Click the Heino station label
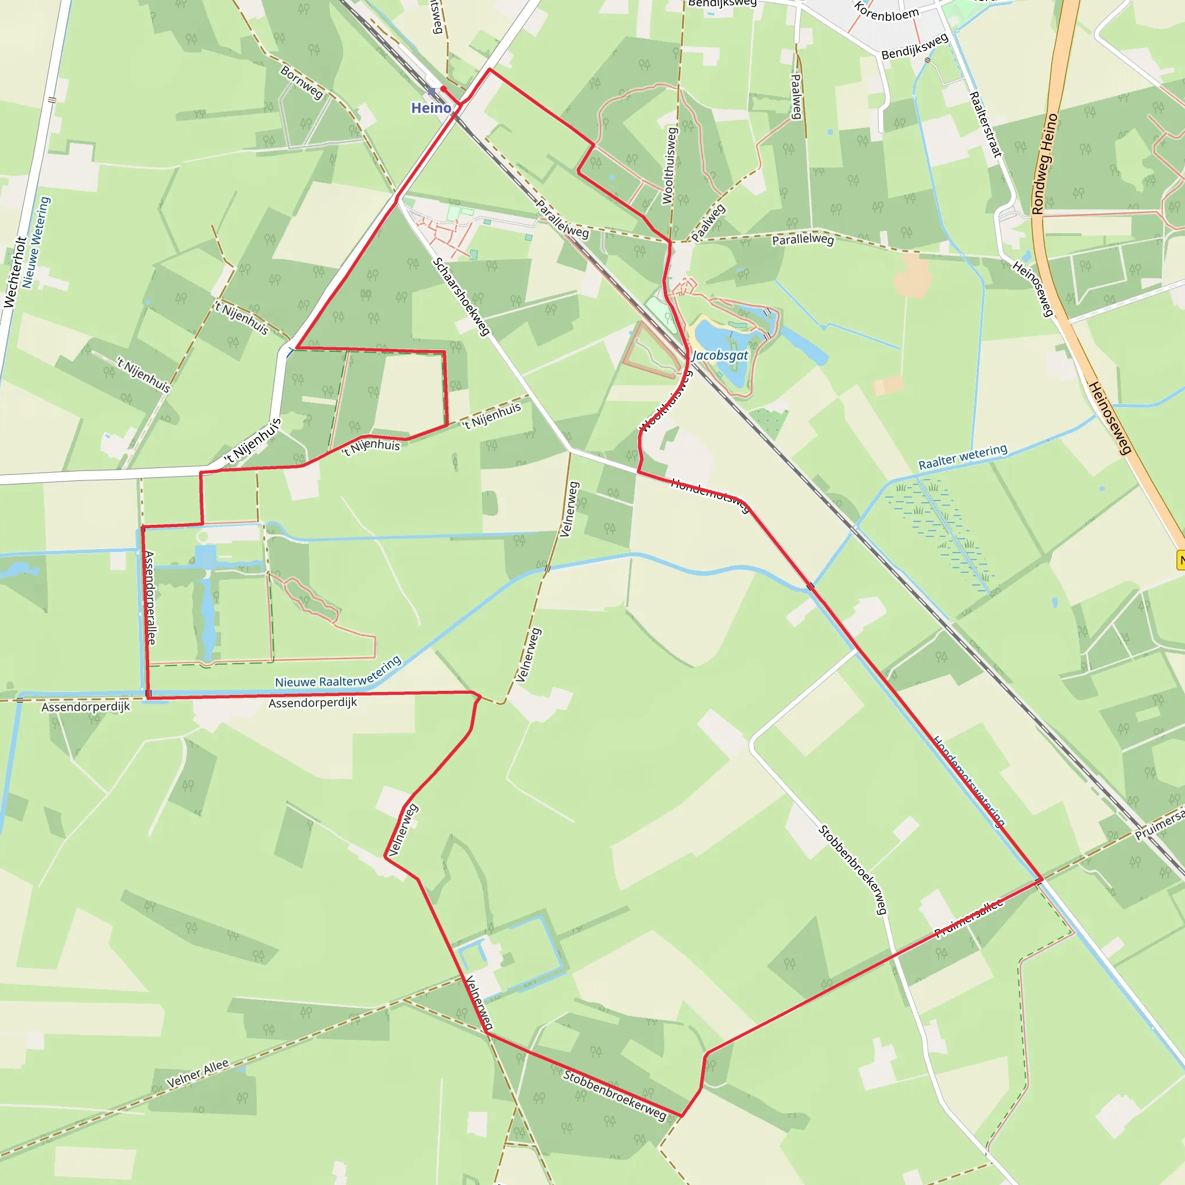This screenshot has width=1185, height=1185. click(430, 109)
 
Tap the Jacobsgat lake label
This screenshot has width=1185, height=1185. click(720, 356)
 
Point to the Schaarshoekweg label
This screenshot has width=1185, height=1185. click(461, 296)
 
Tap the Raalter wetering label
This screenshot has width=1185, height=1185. click(962, 457)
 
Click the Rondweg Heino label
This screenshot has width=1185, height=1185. click(1044, 164)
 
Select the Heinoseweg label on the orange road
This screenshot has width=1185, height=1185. click(1109, 418)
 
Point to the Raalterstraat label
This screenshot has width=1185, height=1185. click(984, 124)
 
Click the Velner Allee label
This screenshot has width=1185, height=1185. click(197, 1074)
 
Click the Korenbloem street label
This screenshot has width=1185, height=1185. click(886, 12)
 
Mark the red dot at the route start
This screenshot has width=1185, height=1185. click(443, 90)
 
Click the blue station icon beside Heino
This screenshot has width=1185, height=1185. click(432, 92)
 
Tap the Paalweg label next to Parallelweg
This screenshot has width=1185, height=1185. click(708, 223)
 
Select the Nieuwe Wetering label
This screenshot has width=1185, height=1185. click(35, 242)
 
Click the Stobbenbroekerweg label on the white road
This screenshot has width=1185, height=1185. click(852, 870)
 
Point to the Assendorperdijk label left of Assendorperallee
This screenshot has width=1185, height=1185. click(86, 707)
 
